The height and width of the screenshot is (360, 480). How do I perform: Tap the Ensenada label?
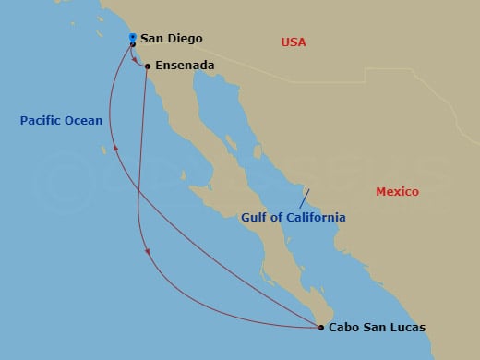pyautogui.click(x=186, y=66)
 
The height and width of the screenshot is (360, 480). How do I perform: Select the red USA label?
pyautogui.click(x=294, y=42)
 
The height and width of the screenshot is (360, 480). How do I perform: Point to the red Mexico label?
pyautogui.click(x=397, y=192)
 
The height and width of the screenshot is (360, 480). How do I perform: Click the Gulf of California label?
pyautogui.click(x=294, y=218)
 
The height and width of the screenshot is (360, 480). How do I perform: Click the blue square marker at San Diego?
pyautogui.click(x=133, y=37)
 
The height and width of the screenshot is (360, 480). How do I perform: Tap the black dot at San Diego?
pyautogui.click(x=133, y=44)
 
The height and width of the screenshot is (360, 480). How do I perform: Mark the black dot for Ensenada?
pyautogui.click(x=148, y=66)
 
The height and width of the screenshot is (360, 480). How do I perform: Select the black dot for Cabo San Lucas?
pyautogui.click(x=320, y=327)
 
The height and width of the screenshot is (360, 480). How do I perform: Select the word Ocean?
pyautogui.click(x=83, y=120)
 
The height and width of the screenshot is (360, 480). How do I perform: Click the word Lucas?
pyautogui.click(x=409, y=327)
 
